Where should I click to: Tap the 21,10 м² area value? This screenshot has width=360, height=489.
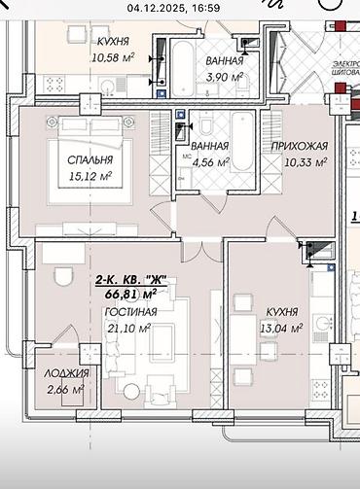(129, 329)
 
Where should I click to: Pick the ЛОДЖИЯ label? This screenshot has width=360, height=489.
(66, 373)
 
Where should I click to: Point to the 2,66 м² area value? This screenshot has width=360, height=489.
(66, 390)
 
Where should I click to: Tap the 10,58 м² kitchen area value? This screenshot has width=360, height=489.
(114, 57)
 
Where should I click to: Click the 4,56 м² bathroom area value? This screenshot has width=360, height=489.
(209, 162)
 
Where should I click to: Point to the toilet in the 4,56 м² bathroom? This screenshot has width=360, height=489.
(207, 125)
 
